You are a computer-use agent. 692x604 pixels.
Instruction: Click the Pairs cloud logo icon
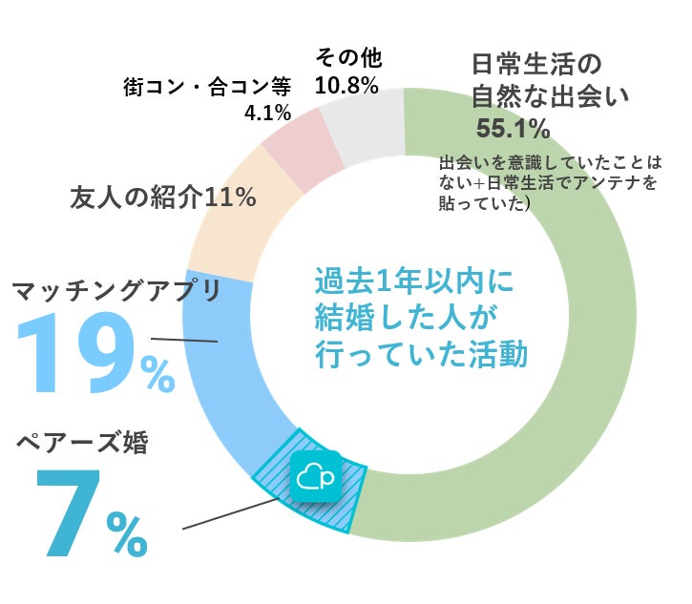(317, 474)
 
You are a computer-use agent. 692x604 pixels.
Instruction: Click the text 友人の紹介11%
(163, 198)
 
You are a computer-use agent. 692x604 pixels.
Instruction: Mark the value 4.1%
(267, 114)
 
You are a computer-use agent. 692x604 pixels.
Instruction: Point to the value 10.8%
(346, 85)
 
